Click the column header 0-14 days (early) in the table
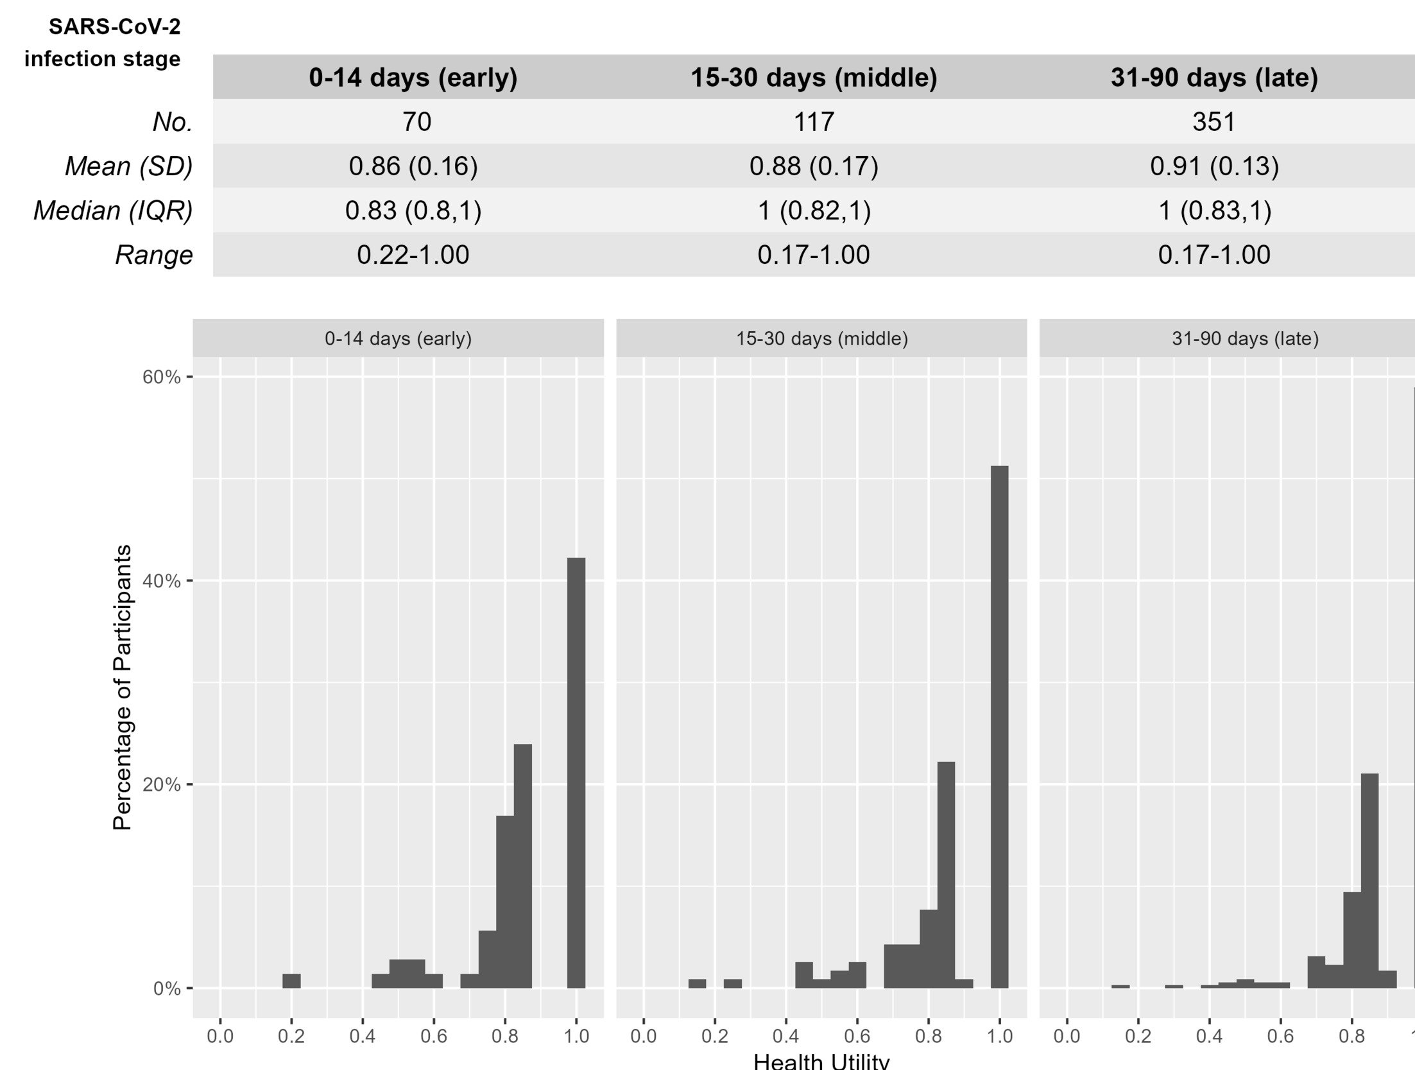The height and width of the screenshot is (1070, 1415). point(413,78)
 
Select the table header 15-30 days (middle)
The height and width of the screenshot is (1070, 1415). point(814,78)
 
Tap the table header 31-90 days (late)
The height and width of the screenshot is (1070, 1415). point(1214,78)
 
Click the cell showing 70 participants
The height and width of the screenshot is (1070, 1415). point(416,122)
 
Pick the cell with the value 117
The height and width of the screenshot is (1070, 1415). point(814,122)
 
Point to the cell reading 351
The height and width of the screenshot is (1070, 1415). point(1213,122)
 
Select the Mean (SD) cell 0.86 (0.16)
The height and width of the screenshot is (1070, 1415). point(413,166)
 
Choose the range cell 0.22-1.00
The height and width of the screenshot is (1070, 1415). point(413,255)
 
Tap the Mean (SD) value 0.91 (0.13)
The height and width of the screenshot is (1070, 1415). point(1214,166)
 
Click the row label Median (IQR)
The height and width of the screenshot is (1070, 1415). point(113,211)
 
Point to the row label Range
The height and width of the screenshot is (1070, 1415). point(154,255)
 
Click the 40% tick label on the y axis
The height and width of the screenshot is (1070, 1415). point(162,581)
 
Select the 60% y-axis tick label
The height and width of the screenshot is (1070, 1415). point(162,377)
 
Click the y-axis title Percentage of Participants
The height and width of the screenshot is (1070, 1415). point(122,687)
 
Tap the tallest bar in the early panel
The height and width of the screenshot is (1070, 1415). point(576,773)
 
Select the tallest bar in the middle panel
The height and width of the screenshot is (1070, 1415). point(999,727)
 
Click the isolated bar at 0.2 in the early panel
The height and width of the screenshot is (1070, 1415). point(291,981)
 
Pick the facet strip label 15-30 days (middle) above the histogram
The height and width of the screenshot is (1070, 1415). point(822,338)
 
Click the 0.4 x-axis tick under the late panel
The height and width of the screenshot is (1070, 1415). point(1210,1036)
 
